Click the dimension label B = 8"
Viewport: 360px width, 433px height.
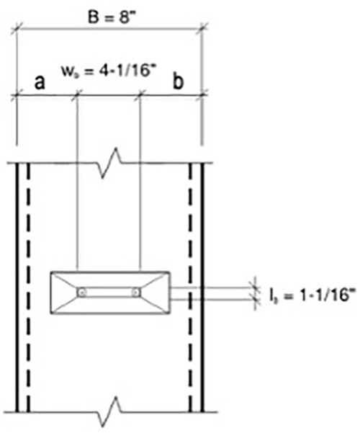[x=110, y=11]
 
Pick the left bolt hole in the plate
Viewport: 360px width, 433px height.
[x=82, y=293]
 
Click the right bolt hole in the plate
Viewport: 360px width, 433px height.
[x=135, y=293]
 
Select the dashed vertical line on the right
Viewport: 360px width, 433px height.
[x=191, y=288]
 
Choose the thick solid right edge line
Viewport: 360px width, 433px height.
[x=202, y=288]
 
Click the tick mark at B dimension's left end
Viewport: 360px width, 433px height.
[x=16, y=29]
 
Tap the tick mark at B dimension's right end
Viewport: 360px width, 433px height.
[x=203, y=29]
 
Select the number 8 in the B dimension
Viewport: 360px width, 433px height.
[x=127, y=11]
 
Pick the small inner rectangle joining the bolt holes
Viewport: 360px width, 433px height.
[x=109, y=293]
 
